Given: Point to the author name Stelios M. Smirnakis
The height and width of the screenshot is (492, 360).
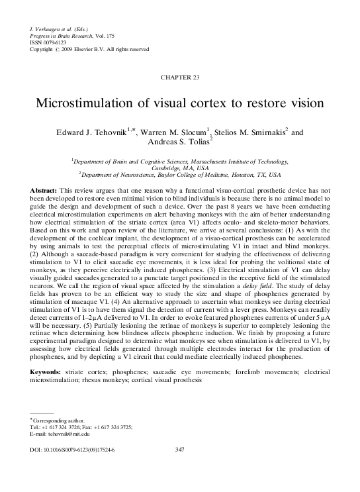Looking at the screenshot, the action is (x=255, y=133).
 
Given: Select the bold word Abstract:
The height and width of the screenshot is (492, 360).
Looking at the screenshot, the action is (x=46, y=190).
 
